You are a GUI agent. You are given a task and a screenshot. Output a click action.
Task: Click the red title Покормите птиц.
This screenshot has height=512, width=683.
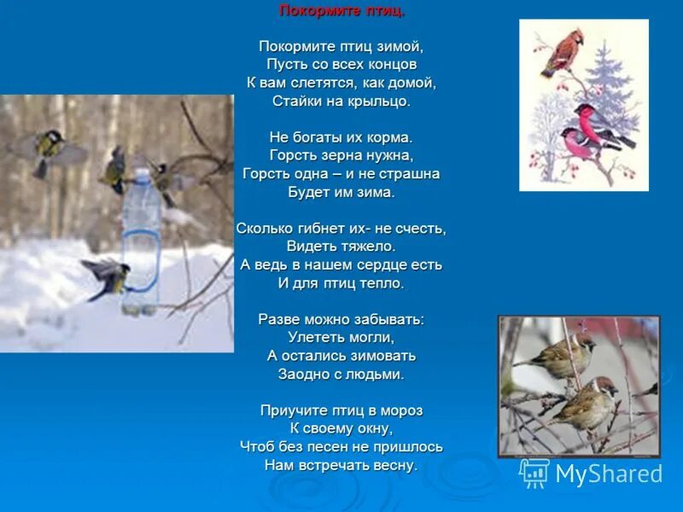point(341,11)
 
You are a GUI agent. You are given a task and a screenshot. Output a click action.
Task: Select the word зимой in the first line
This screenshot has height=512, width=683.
point(402,46)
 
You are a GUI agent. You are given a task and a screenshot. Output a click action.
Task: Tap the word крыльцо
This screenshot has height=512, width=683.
point(379,101)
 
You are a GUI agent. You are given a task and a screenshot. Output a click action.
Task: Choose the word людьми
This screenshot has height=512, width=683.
point(375,374)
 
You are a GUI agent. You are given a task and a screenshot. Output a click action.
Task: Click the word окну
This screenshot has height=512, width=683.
point(373,428)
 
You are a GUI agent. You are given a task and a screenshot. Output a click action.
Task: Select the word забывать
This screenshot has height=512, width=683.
point(391,319)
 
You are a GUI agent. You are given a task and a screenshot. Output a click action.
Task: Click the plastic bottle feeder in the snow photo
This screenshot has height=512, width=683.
point(138,239)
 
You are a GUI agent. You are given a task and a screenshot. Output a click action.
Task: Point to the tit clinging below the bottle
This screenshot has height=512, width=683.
point(107,275)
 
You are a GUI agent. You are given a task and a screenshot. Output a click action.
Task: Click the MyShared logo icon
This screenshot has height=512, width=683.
point(534,473)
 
